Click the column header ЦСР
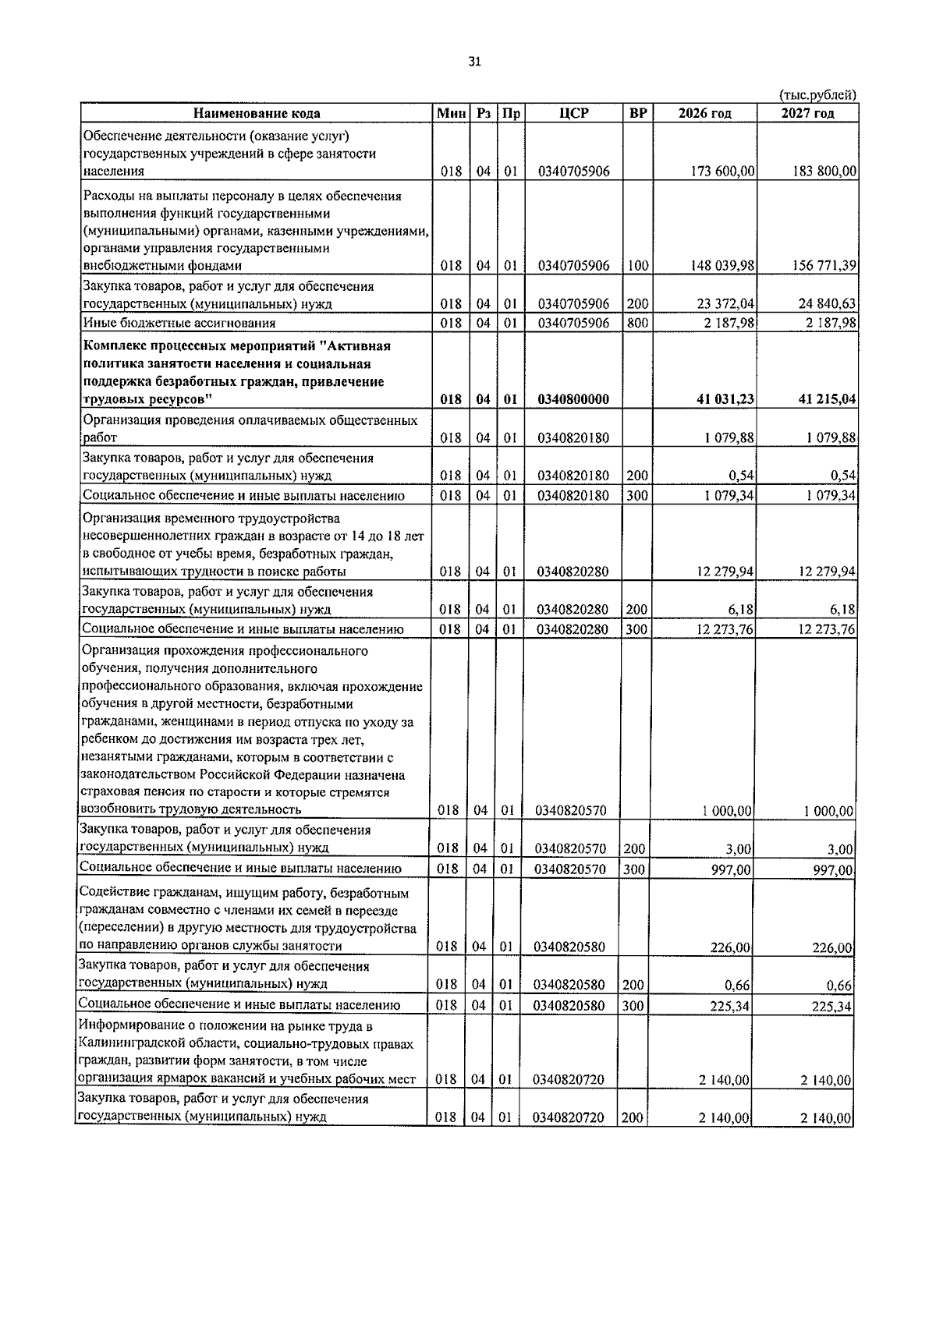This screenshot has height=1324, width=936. (x=573, y=113)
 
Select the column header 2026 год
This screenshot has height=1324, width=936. (x=704, y=113)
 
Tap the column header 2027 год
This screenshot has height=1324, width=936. (x=807, y=113)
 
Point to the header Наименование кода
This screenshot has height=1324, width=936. (x=257, y=113)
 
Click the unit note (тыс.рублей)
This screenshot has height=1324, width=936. (x=818, y=95)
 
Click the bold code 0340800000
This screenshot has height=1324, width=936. (x=573, y=399)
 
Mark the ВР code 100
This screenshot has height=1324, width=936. (x=637, y=266)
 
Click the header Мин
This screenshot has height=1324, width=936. (x=451, y=113)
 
